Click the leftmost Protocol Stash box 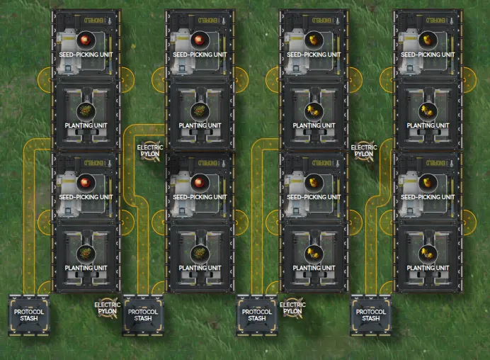(x=29, y=315)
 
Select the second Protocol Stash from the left (x=143, y=315)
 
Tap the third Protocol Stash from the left (x=257, y=315)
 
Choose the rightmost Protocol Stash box (x=371, y=315)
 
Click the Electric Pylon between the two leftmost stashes (x=108, y=306)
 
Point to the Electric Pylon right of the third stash (x=293, y=307)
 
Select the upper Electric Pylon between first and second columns (x=149, y=151)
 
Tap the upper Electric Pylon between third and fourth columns (x=364, y=150)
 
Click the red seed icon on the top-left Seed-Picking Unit (x=86, y=39)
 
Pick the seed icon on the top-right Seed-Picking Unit (x=428, y=39)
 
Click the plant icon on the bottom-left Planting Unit (x=86, y=252)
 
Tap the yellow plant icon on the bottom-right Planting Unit (x=428, y=252)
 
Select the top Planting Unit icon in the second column (x=200, y=110)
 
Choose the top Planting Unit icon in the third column (x=314, y=110)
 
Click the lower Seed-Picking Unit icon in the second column (x=200, y=181)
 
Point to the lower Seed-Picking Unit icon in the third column (x=314, y=181)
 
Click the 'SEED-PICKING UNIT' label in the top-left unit (x=86, y=55)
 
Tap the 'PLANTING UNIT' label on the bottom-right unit (x=428, y=268)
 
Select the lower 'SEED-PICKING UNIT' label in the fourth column (x=428, y=197)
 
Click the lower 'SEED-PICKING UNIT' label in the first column (x=86, y=197)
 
